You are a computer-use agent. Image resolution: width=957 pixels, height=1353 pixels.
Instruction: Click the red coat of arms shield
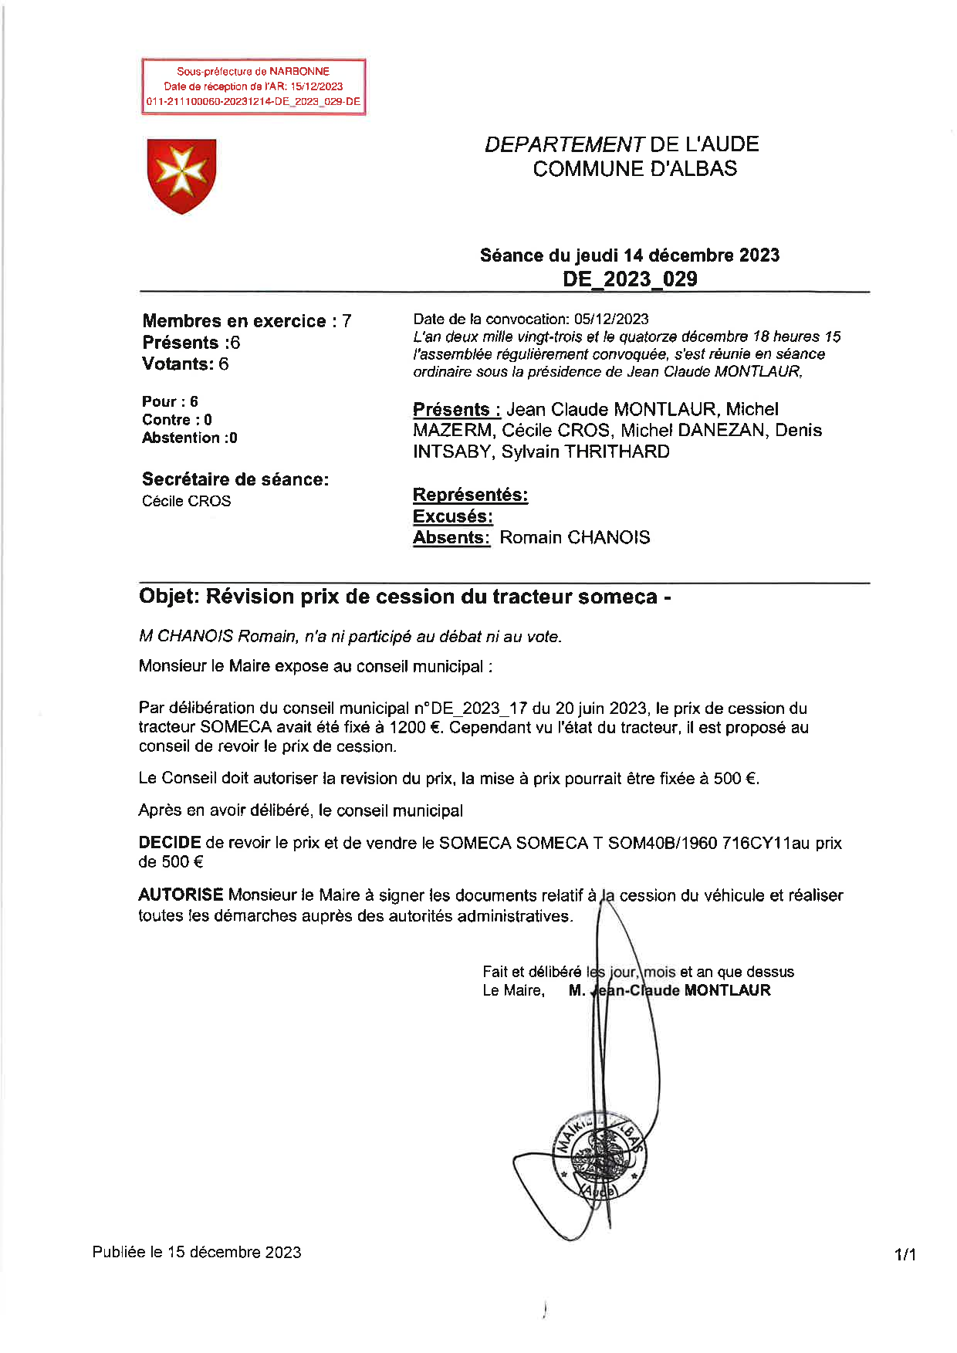coord(181,175)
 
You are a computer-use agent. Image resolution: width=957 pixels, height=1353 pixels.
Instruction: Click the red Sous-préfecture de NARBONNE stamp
coord(253,86)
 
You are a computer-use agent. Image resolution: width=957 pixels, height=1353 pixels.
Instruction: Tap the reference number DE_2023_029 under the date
coord(630,279)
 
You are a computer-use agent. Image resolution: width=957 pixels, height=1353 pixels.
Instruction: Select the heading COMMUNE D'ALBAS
coord(634,169)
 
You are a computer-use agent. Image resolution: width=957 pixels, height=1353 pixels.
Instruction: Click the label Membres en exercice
coord(234,321)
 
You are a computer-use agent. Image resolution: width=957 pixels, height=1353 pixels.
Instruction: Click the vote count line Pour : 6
coord(170,401)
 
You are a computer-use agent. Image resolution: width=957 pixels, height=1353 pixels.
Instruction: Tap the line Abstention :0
coord(189,438)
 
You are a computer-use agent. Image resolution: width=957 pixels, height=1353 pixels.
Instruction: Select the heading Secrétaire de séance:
coord(235,479)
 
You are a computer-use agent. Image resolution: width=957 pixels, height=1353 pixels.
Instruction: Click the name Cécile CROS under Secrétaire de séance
coord(186,501)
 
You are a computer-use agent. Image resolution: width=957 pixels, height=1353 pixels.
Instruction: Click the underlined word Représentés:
coord(470,495)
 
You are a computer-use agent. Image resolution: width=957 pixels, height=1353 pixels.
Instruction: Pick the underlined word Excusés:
coord(452,516)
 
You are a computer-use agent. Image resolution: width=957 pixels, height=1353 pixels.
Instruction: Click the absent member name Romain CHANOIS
coord(574,537)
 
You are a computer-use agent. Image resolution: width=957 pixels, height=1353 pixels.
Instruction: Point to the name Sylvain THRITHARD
coord(585,452)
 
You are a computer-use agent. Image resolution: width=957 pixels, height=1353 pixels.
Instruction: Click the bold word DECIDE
coord(169,843)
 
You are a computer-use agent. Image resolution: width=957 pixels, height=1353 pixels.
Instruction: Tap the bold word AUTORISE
coord(181,895)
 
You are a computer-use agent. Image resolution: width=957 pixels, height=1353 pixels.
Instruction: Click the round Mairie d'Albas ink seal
coord(600,1156)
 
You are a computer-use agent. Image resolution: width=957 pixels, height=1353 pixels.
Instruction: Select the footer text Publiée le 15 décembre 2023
coord(197,1252)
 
